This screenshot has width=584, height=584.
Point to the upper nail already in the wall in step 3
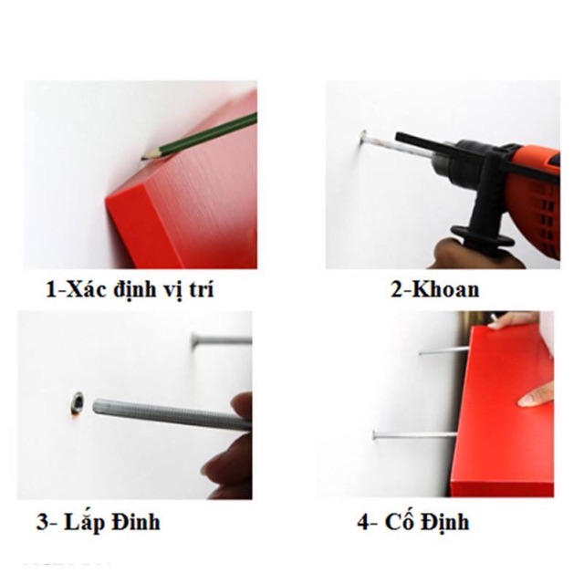[x=219, y=341]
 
